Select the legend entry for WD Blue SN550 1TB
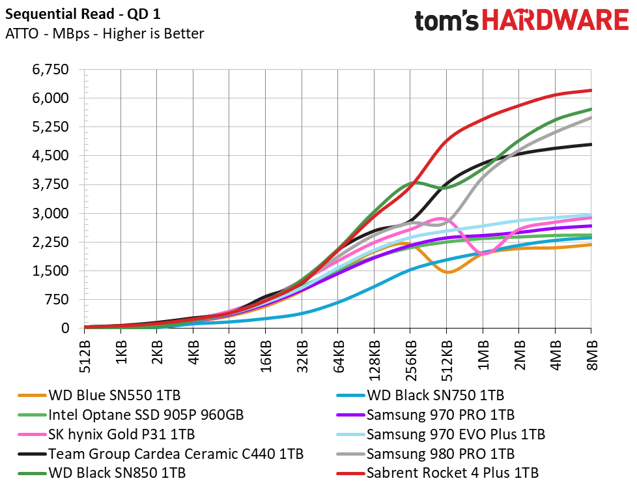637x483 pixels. point(114,395)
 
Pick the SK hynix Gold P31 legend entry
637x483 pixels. point(121,434)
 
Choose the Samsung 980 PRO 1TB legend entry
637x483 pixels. point(440,454)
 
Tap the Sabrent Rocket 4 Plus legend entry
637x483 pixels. point(453,473)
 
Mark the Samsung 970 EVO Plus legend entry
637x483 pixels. point(456,434)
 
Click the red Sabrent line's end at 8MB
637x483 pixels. point(591,90)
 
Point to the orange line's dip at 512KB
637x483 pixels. point(447,272)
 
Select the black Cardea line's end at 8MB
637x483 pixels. point(591,144)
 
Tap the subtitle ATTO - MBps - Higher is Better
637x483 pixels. point(104,34)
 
